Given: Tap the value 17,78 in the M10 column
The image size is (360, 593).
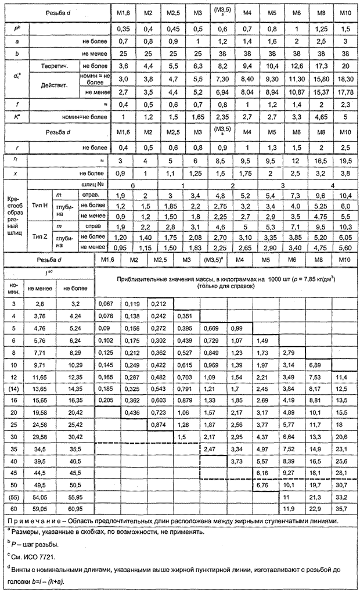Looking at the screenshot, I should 345,92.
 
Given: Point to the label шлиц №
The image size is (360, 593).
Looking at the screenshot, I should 95,184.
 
